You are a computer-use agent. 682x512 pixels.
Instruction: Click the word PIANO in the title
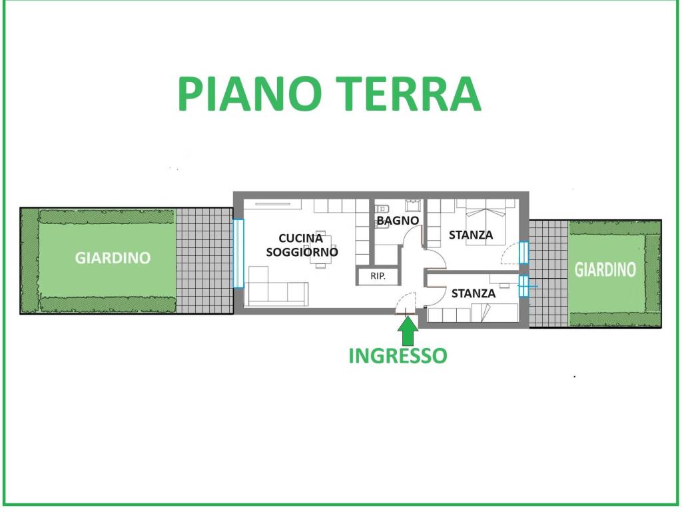pyautogui.click(x=250, y=93)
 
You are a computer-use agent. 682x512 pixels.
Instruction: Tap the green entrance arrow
pyautogui.click(x=408, y=331)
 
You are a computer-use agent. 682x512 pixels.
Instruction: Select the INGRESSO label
pyautogui.click(x=398, y=356)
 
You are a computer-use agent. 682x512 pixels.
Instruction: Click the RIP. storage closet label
pyautogui.click(x=378, y=276)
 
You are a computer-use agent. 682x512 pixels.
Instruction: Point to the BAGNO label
pyautogui.click(x=398, y=221)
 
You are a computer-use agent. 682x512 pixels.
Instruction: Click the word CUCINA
pyautogui.click(x=300, y=239)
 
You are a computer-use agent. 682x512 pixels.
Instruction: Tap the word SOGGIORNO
pyautogui.click(x=302, y=252)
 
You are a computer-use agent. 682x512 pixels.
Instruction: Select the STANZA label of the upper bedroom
pyautogui.click(x=471, y=235)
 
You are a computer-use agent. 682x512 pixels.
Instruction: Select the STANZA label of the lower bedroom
pyautogui.click(x=474, y=293)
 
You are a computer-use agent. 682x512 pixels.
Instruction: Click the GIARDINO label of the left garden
pyautogui.click(x=113, y=258)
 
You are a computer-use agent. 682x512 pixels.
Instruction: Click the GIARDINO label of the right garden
pyautogui.click(x=605, y=270)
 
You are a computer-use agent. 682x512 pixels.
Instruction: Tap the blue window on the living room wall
pyautogui.click(x=238, y=253)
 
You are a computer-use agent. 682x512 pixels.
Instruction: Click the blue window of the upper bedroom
pyautogui.click(x=523, y=253)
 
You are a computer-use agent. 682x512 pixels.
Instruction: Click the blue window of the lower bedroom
pyautogui.click(x=523, y=285)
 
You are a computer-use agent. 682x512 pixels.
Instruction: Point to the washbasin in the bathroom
pyautogui.click(x=412, y=205)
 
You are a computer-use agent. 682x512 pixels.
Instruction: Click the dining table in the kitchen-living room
pyautogui.click(x=320, y=249)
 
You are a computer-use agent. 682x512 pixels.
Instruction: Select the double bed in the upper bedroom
pyautogui.click(x=486, y=221)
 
